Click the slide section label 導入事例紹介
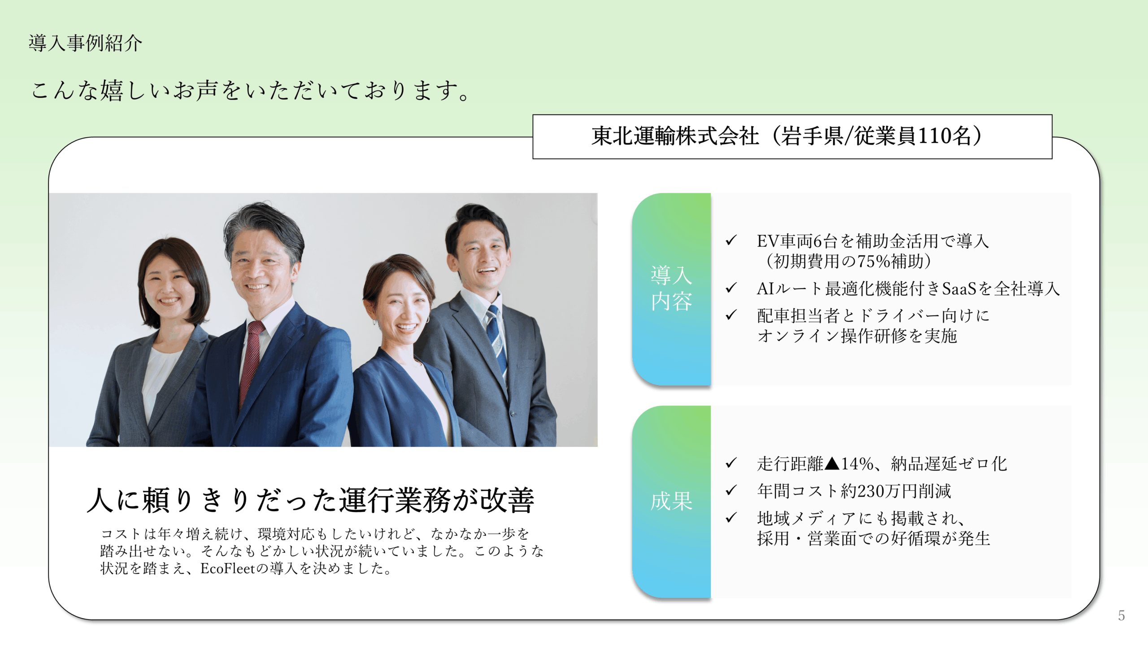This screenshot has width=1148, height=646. click(x=85, y=43)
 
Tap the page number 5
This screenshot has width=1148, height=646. click(x=1121, y=615)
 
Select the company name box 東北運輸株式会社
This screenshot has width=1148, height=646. click(x=792, y=137)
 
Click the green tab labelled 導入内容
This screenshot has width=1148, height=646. click(x=671, y=289)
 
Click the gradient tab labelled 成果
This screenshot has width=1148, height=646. click(x=671, y=502)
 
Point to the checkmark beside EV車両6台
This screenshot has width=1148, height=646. click(x=731, y=240)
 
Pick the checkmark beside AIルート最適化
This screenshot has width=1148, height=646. click(x=731, y=288)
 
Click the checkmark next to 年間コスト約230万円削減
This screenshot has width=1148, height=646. click(x=731, y=490)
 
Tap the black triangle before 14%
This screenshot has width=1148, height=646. click(x=832, y=463)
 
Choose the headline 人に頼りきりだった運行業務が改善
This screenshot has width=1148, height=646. click(x=310, y=500)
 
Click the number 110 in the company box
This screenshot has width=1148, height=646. click(x=935, y=136)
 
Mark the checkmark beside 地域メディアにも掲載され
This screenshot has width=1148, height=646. click(x=731, y=518)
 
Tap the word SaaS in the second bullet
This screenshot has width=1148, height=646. click(x=959, y=288)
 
